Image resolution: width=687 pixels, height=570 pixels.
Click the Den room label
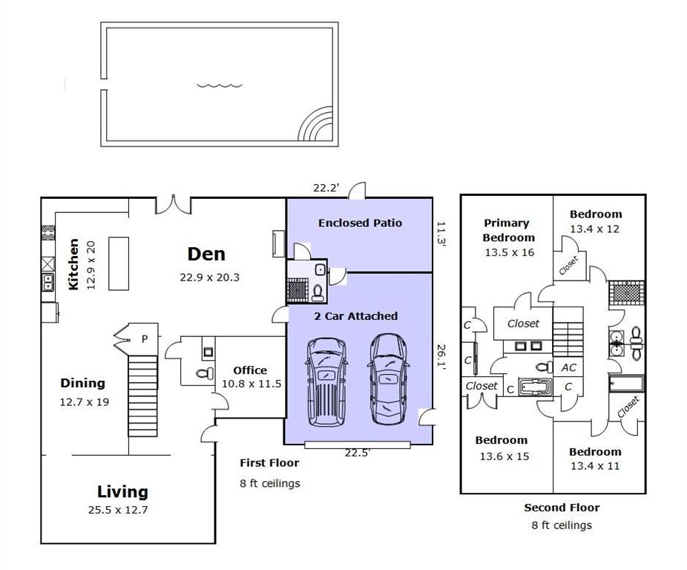(206, 255)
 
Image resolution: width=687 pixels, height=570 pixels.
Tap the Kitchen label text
(73, 264)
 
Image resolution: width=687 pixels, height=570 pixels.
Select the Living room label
(122, 491)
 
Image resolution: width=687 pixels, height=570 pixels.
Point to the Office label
(250, 370)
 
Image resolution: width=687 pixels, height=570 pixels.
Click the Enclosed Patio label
(360, 223)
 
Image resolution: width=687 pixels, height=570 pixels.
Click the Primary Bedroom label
(507, 230)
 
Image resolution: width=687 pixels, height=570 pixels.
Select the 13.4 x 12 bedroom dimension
(594, 229)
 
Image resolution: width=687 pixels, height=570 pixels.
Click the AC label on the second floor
(569, 367)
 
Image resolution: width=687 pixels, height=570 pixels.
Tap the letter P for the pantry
(145, 339)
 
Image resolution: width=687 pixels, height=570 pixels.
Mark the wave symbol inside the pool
(220, 85)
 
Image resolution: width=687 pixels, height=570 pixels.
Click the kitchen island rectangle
(118, 263)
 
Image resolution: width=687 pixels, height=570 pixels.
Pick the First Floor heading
(269, 463)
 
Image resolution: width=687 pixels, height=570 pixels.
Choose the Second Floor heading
(562, 508)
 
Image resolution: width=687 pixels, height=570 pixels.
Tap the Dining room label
(83, 383)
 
